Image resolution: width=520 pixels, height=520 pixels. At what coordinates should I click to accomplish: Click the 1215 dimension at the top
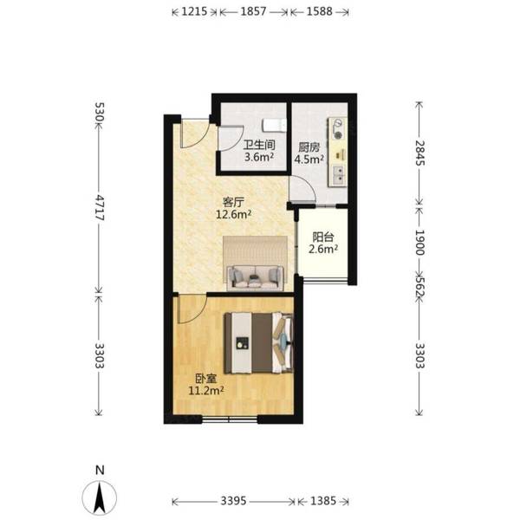194,11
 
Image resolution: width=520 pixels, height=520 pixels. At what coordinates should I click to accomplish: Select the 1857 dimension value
253,11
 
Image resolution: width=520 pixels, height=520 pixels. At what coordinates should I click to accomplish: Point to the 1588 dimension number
319,11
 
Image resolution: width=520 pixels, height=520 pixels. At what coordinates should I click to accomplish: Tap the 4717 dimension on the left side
100,207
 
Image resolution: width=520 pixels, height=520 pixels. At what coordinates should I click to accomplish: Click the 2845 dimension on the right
419,153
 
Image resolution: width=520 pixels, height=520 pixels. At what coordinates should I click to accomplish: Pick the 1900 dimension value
419,243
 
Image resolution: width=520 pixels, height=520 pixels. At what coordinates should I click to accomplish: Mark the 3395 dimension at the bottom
233,501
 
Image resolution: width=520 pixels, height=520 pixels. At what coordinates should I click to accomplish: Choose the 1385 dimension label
323,501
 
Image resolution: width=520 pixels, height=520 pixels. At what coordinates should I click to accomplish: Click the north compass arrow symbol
100,497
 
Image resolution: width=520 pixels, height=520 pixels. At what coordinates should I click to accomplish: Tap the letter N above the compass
100,471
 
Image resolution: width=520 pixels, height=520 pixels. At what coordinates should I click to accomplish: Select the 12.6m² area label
233,215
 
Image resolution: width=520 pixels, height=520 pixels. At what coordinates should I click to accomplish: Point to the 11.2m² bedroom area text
206,391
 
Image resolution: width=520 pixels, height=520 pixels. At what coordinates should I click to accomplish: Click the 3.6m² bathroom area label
259,157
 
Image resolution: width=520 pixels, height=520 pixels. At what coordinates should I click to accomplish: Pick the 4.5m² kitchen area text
309,159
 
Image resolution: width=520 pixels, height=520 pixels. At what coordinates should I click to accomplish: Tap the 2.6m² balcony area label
323,249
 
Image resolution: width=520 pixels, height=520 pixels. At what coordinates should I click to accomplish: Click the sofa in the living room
256,278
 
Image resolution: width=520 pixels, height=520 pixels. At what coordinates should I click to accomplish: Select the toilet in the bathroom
274,126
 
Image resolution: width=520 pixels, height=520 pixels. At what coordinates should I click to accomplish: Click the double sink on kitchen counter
339,175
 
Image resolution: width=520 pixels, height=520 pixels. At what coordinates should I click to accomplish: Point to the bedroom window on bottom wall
230,419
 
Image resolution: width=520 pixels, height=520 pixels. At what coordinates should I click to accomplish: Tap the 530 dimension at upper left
100,113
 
